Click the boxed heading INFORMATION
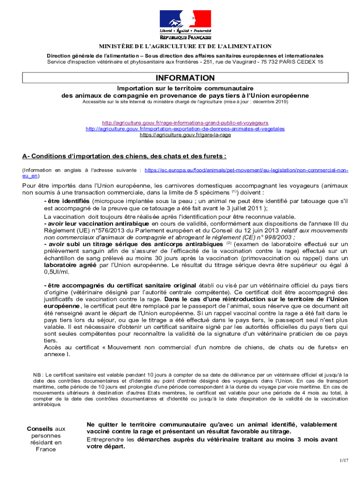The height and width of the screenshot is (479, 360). pos(185,78)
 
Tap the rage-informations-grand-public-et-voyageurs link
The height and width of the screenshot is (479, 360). pos(185,123)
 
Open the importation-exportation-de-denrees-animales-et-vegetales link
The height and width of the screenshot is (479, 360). pos(185,129)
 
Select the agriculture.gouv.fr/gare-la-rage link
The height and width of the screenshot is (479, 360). pos(185,135)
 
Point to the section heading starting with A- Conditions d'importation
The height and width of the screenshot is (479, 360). pos(124,156)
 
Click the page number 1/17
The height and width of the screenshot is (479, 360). pos(344,461)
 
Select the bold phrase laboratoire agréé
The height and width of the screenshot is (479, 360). pos(70,265)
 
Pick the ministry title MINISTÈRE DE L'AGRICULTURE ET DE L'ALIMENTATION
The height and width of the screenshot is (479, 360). pos(185,46)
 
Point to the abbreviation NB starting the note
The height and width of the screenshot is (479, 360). pos(36,375)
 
